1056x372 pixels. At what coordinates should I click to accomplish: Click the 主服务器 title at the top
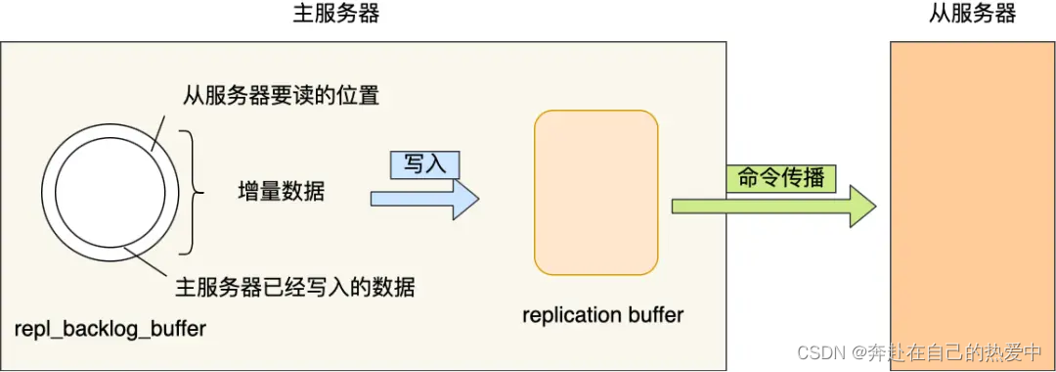pyautogui.click(x=335, y=14)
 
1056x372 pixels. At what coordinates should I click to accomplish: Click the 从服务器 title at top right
pyautogui.click(x=972, y=14)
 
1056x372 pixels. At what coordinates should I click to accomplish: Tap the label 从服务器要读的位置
pyautogui.click(x=281, y=96)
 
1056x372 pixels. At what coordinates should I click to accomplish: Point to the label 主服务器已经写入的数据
pyautogui.click(x=295, y=288)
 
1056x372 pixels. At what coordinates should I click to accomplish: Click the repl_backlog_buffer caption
pyautogui.click(x=110, y=329)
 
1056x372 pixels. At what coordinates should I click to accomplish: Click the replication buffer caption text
pyautogui.click(x=602, y=315)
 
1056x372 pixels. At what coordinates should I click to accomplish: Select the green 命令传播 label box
pyautogui.click(x=779, y=179)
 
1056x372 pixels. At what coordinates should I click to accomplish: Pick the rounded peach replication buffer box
pyautogui.click(x=595, y=192)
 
